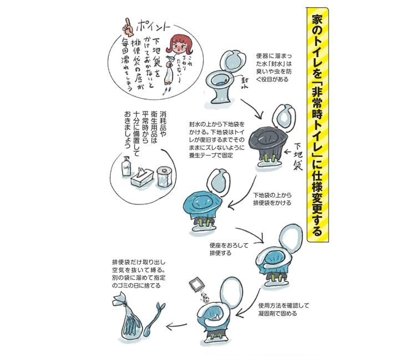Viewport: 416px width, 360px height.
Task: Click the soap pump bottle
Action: tap(126, 166)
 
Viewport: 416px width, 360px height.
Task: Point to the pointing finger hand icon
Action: tap(128, 27)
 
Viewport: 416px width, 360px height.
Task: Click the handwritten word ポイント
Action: tap(153, 25)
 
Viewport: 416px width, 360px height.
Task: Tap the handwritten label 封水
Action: tap(245, 83)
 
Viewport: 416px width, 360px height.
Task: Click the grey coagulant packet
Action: tap(196, 285)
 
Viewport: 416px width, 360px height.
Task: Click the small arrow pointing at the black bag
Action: tap(287, 152)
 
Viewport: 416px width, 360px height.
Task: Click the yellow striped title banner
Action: tap(318, 125)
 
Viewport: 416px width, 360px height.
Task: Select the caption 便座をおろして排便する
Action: tap(229, 249)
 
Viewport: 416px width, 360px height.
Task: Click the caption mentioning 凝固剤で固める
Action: tap(283, 310)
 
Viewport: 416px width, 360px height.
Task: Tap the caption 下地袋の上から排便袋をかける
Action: tap(272, 199)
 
